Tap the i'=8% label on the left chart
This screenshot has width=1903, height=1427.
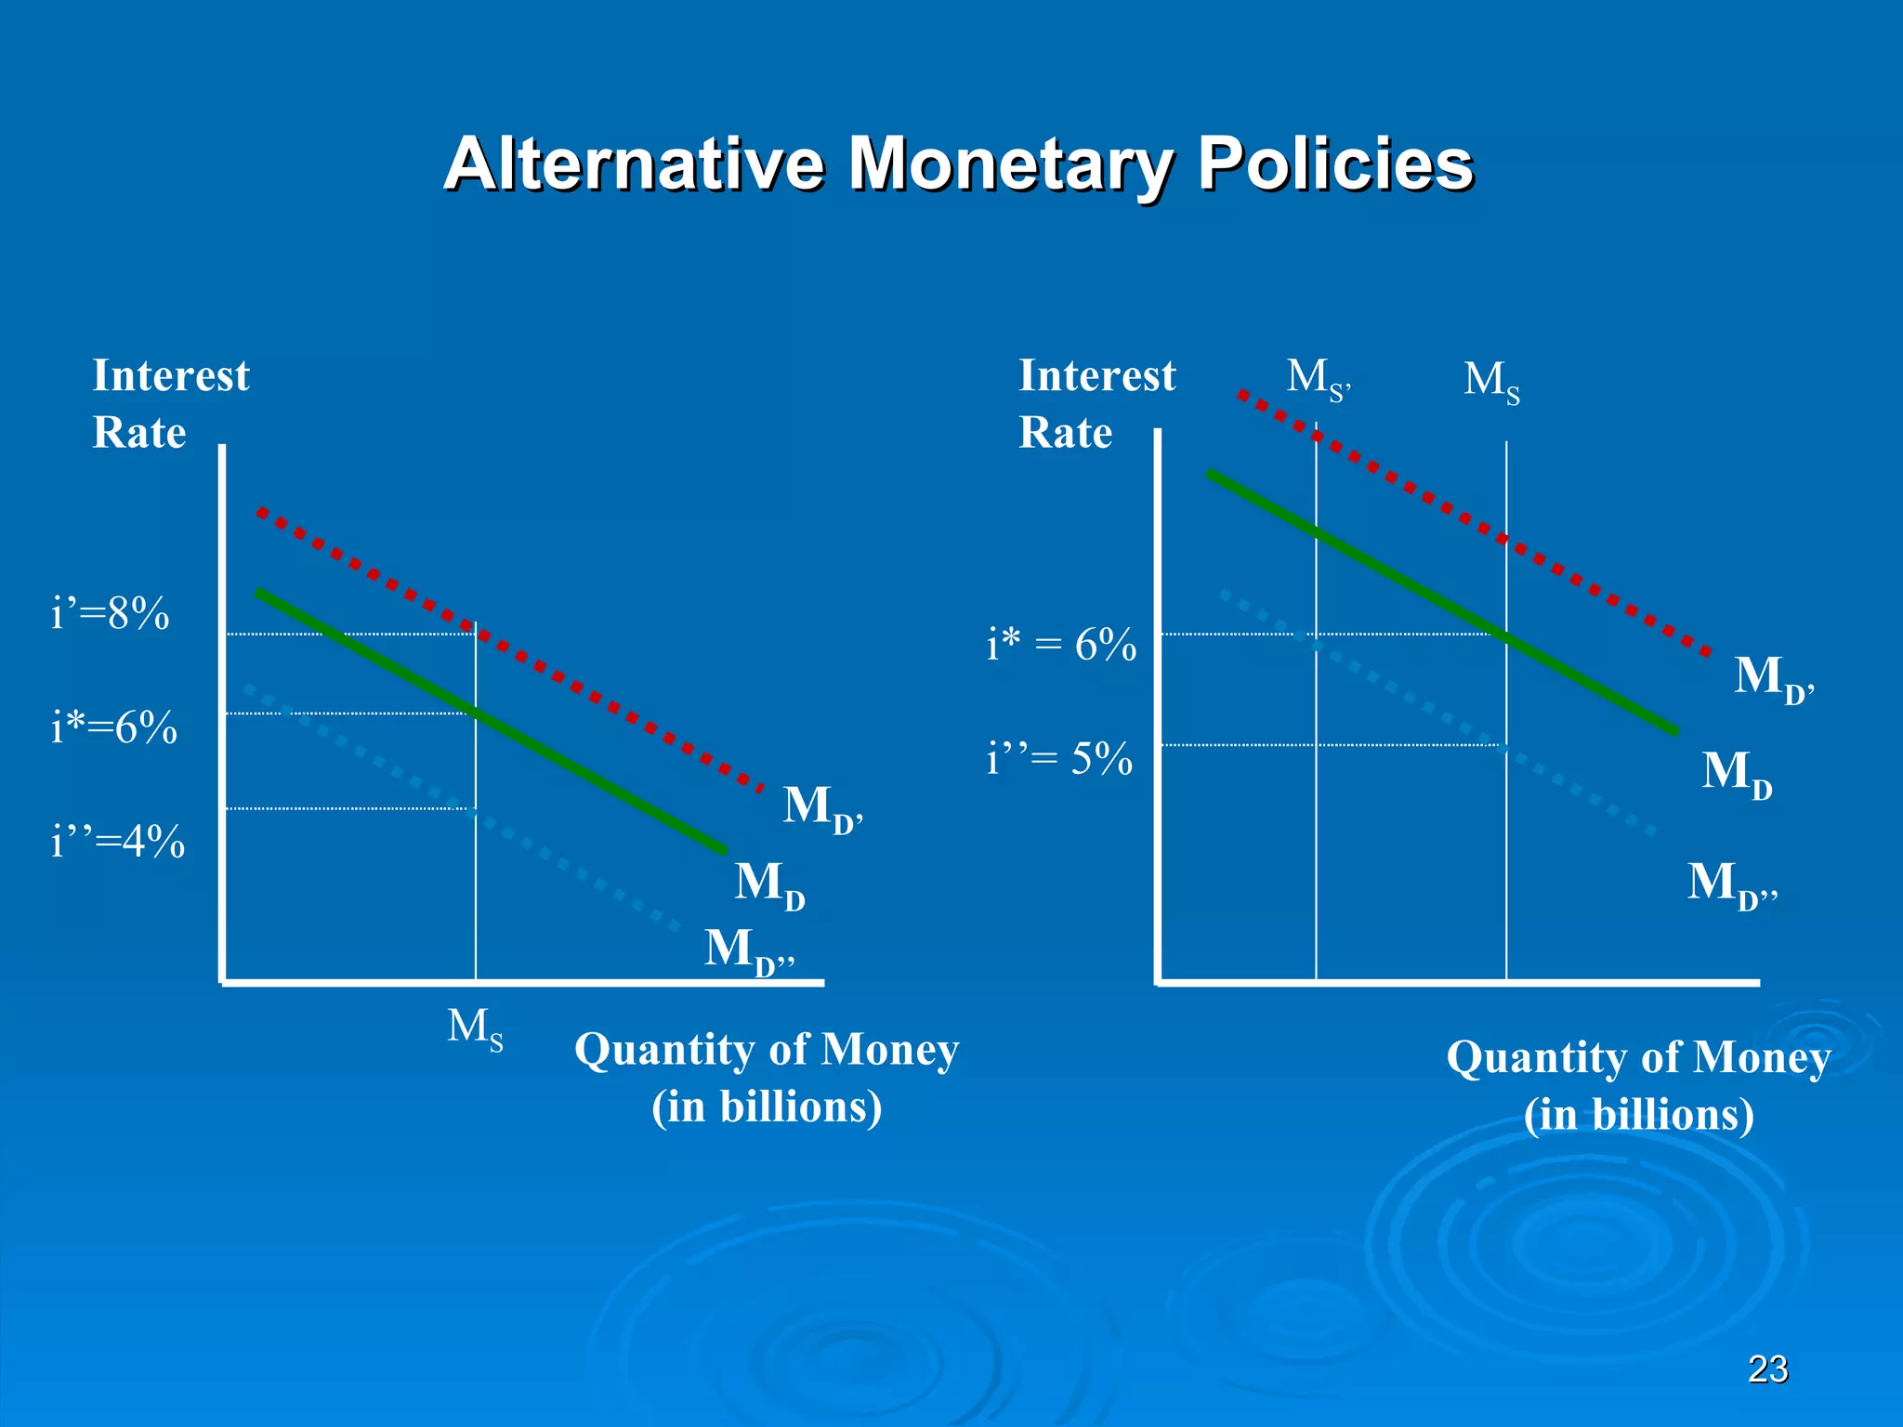[x=111, y=614]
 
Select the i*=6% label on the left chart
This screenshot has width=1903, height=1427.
[x=113, y=727]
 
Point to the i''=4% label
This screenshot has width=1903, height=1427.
[x=117, y=843]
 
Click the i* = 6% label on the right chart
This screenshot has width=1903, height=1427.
[x=1061, y=645]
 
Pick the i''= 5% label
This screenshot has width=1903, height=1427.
[x=1059, y=759]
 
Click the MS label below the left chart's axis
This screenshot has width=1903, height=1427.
[x=475, y=1029]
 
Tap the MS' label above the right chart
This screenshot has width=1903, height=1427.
[x=1318, y=379]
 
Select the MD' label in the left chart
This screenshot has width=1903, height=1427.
[x=821, y=806]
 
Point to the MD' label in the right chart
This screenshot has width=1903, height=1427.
[x=1773, y=677]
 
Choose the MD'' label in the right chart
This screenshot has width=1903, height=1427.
[x=1731, y=884]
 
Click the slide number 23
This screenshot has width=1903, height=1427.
[x=1767, y=1369]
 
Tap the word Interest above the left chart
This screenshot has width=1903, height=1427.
[x=171, y=376]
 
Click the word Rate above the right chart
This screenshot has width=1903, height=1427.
[x=1065, y=433]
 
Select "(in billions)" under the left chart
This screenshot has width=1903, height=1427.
[x=767, y=1106]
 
